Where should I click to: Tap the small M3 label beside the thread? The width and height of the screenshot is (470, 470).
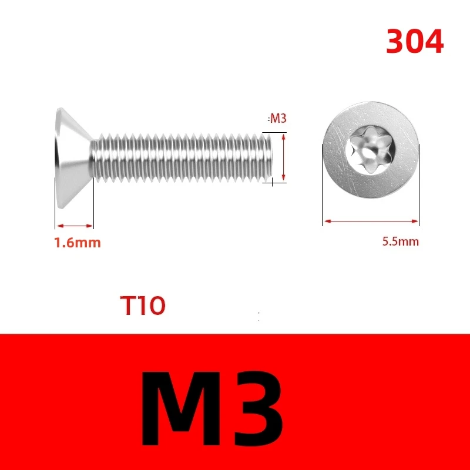277,119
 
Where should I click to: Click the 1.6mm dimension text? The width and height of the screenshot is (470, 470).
77,242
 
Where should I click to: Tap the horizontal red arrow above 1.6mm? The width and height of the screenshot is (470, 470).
74,225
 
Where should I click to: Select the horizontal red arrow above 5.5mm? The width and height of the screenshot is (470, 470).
371,221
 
